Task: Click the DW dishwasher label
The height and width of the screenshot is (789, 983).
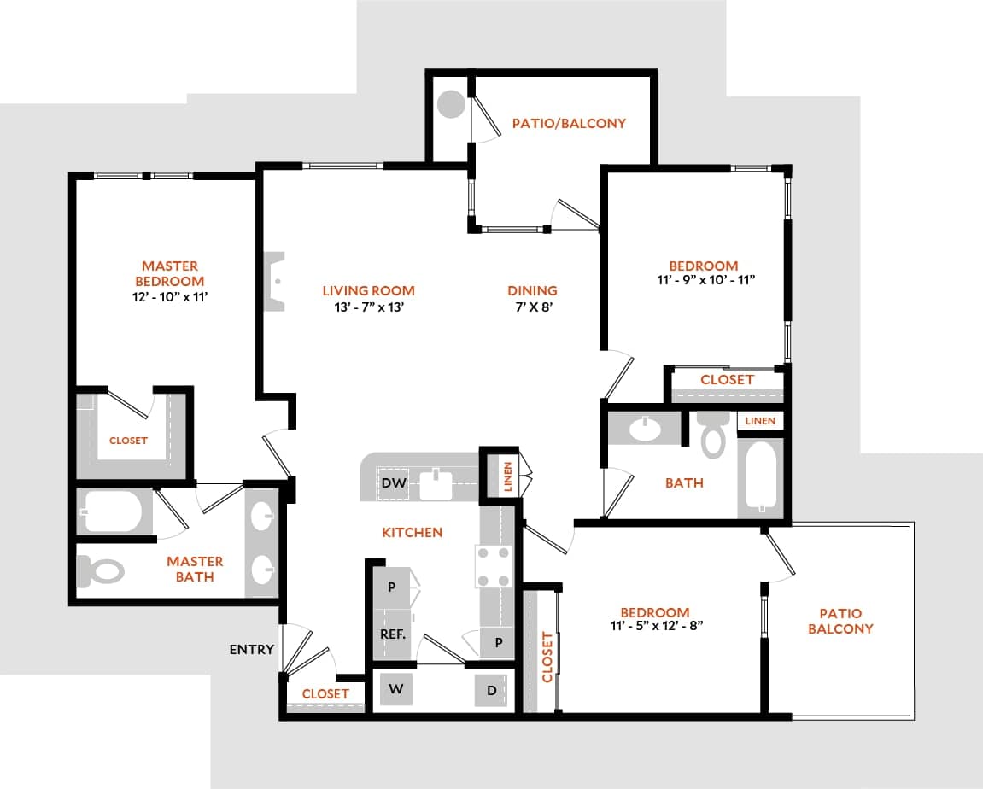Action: coord(393,483)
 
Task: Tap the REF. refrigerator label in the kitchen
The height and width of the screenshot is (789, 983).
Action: coord(393,635)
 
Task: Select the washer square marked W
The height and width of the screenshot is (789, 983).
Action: coord(396,688)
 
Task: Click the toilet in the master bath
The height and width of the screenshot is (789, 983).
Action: coord(101,570)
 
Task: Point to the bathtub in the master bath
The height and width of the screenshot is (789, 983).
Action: coord(113,512)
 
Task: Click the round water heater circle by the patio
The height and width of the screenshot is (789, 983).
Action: coord(451,105)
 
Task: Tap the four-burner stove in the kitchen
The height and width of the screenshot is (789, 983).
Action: coord(494,567)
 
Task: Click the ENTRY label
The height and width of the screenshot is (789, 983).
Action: coord(252,649)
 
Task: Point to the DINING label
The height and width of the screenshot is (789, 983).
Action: coord(532,290)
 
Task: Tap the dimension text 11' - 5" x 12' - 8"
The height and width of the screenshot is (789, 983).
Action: coord(655,625)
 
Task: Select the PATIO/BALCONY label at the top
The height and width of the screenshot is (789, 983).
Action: coord(569,123)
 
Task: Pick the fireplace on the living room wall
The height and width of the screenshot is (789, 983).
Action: coord(275,282)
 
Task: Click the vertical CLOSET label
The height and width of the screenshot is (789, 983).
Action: coord(547,657)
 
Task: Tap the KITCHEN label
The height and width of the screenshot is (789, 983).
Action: coord(412,532)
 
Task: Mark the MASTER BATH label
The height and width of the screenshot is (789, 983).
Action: coord(195,569)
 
